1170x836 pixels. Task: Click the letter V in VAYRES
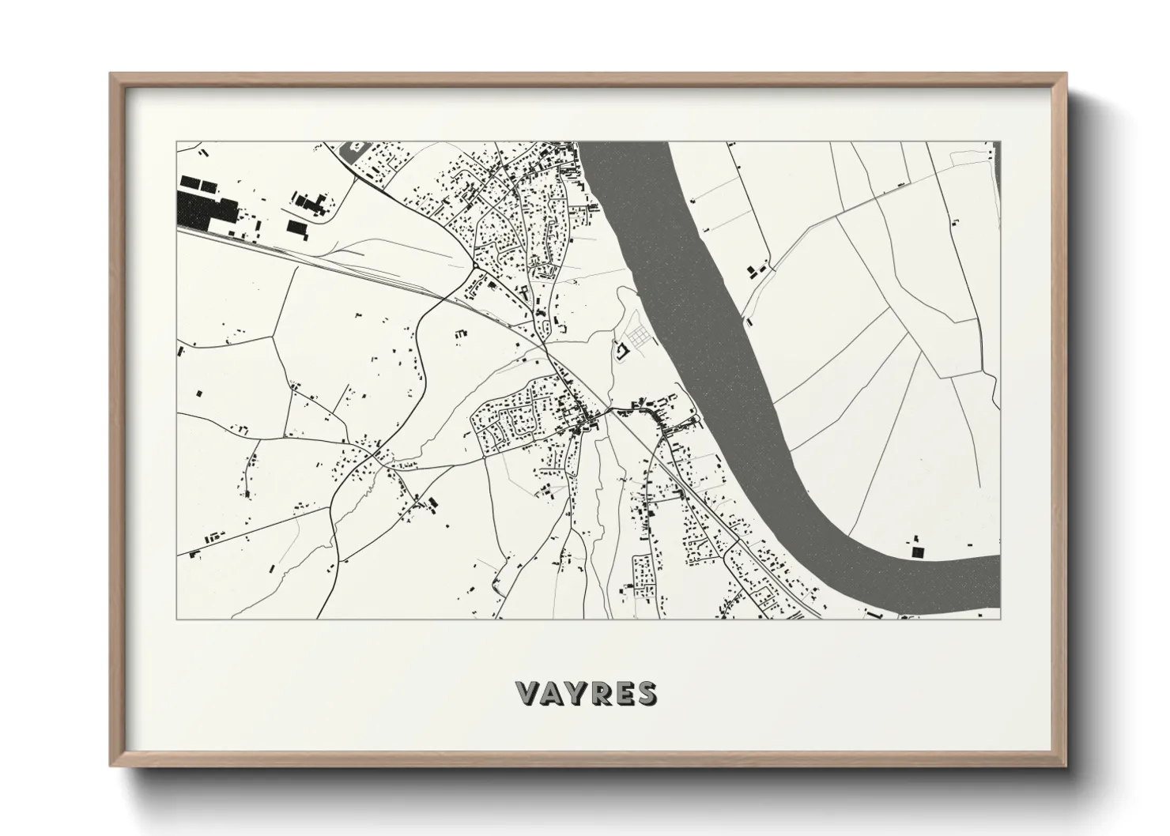[x=526, y=694]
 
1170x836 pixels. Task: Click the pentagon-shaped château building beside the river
[x=621, y=348]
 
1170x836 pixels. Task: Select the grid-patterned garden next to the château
[x=639, y=337]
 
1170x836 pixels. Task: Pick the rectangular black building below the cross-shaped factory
[x=296, y=228]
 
